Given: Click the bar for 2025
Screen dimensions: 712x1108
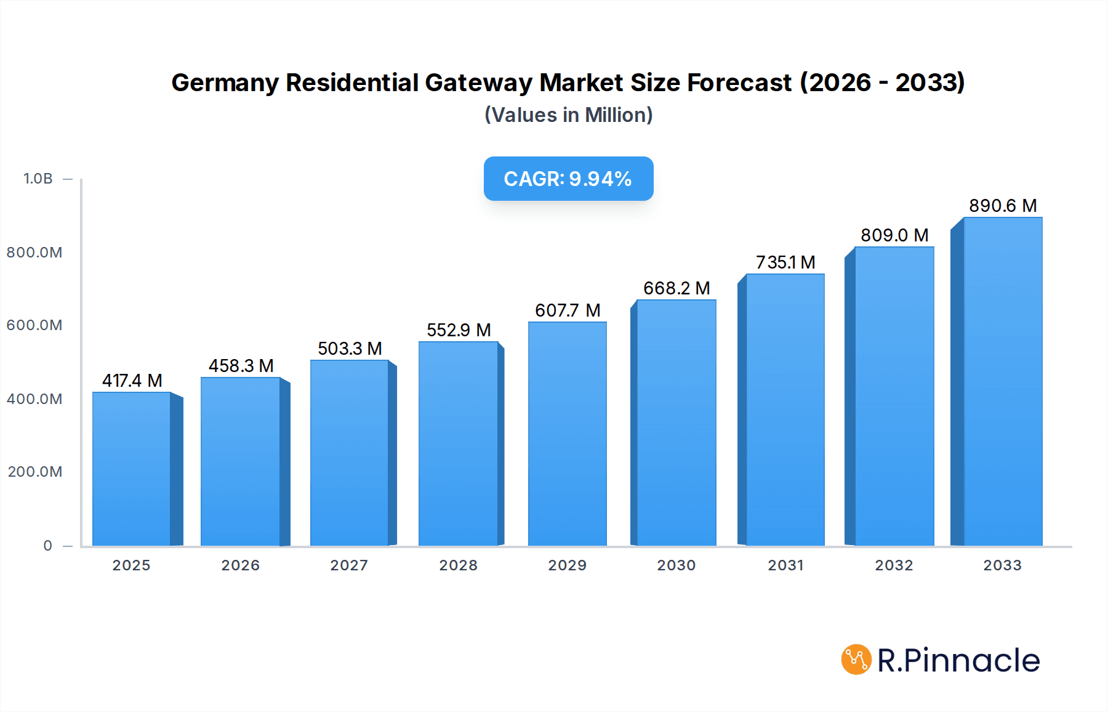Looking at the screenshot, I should (132, 468).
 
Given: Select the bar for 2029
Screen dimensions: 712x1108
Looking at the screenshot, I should (567, 434).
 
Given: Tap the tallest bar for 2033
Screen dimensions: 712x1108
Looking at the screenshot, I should (1002, 382).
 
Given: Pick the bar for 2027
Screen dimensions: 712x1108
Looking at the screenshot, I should (349, 453).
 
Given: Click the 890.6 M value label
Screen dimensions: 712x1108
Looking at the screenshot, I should (1003, 206).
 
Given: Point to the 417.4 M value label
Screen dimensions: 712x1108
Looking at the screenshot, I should (132, 381).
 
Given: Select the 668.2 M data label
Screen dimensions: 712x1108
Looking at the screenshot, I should (676, 288).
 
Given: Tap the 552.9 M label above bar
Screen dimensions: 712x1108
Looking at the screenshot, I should (459, 330).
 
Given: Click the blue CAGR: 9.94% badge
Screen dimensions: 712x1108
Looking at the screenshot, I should (568, 179).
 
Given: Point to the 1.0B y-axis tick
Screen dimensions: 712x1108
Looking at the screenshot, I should (38, 179).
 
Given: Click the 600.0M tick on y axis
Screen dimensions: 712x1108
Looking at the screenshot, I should (34, 325).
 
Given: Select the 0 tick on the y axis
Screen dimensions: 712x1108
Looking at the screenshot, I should (48, 546).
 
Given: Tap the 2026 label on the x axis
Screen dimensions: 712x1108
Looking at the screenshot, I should (240, 565).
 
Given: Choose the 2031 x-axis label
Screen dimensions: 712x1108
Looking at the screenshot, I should (785, 565).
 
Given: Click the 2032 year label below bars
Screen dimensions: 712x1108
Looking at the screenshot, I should (894, 565).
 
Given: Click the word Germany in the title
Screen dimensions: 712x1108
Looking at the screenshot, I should (225, 83).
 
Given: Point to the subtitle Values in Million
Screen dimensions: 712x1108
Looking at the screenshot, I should (568, 115).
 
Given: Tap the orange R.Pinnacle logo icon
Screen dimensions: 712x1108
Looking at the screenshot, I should (856, 660).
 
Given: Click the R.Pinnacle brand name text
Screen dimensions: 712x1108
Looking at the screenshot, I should (958, 660).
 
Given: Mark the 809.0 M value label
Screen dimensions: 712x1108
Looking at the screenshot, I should (894, 235).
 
